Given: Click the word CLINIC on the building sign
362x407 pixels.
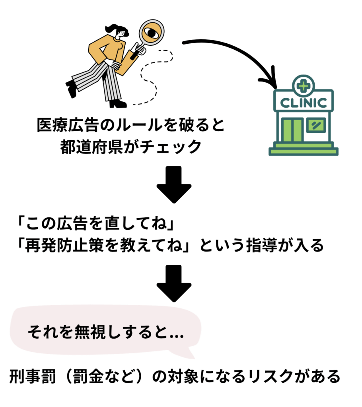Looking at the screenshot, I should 303,102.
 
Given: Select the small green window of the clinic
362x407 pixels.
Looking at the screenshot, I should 316,125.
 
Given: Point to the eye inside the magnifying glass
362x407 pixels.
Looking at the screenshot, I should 151,33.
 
